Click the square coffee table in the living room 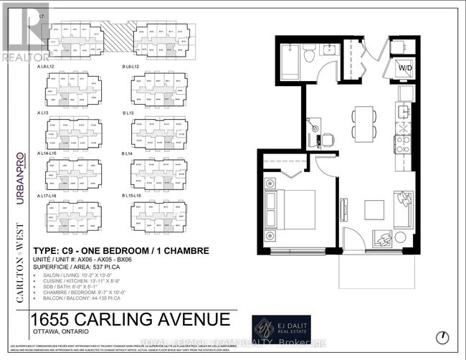pyautogui.click(x=374, y=209)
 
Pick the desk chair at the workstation pyautogui.click(x=327, y=139)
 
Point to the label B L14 pyautogui.click(x=129, y=153)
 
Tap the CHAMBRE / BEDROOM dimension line pyautogui.click(x=85, y=293)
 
